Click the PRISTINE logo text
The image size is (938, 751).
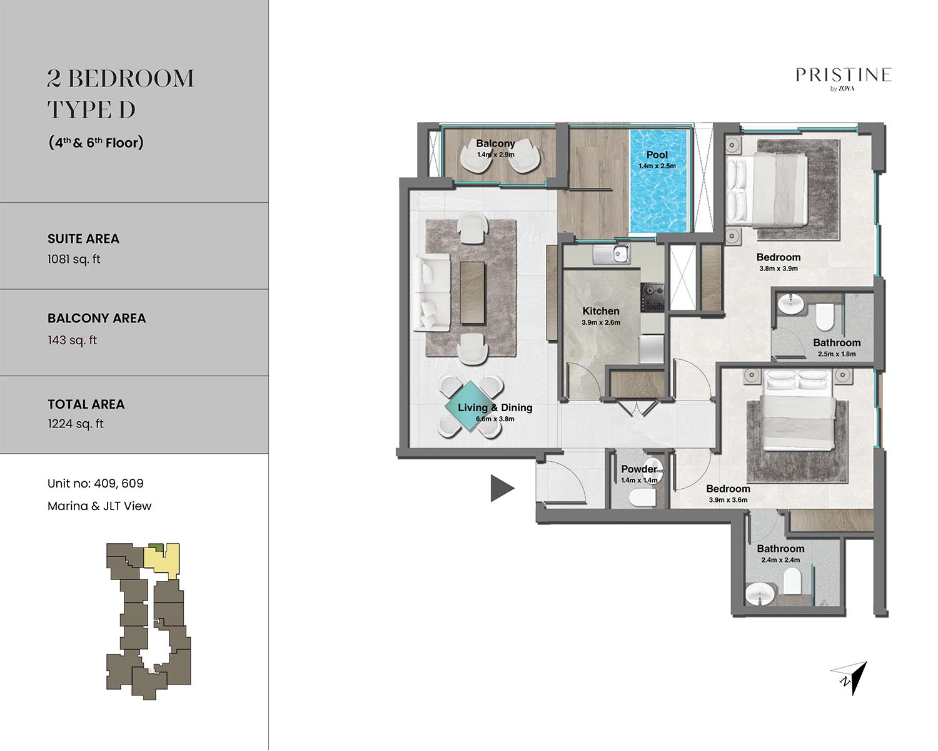pos(844,75)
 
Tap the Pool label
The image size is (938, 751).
pos(657,155)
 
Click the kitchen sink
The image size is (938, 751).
pos(611,253)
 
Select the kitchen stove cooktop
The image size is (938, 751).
pos(652,297)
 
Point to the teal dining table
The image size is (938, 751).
pos(470,406)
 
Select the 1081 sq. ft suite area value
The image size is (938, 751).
pos(74,259)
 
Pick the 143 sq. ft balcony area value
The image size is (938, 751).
pos(73,340)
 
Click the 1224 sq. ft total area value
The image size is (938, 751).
pos(76,424)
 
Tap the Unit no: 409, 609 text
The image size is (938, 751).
pos(96,483)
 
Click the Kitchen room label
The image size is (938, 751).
pos(601,311)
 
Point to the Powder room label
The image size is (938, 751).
pos(639,469)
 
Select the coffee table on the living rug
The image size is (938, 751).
pos(472,292)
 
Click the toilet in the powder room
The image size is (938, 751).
pos(642,497)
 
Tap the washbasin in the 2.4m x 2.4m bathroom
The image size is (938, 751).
pos(760,595)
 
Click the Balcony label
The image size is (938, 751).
pos(496,143)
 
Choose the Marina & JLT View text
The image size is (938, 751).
pos(99,506)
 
